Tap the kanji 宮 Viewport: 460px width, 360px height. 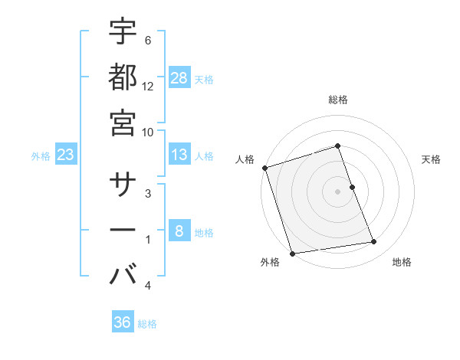point(123,122)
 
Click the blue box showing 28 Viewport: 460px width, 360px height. point(179,77)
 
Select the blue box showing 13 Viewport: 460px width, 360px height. point(179,155)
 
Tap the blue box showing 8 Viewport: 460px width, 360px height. point(179,231)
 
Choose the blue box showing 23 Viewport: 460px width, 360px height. point(66,155)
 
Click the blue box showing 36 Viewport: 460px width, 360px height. point(123,322)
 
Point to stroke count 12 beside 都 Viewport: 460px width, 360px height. point(148,86)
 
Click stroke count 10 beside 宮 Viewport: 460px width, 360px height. point(148,131)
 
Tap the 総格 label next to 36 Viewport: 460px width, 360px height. point(147,324)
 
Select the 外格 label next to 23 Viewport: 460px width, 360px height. point(41,156)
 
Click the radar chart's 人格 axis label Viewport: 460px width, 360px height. point(245,159)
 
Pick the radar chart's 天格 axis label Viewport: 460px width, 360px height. point(431,159)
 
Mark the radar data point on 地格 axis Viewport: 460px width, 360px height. point(373,242)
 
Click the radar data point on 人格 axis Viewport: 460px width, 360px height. point(264,168)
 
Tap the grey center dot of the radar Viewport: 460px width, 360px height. point(337,191)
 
